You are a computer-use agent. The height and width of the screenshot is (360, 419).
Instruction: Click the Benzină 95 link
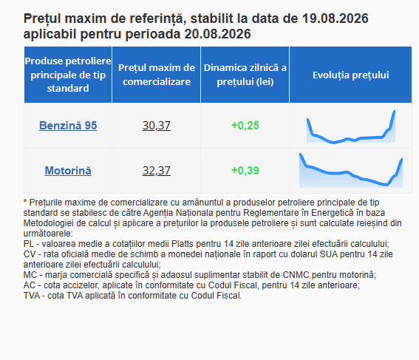pyautogui.click(x=68, y=126)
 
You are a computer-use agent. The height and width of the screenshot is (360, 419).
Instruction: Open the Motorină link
pyautogui.click(x=68, y=171)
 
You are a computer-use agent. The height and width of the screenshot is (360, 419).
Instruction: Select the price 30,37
pyautogui.click(x=157, y=126)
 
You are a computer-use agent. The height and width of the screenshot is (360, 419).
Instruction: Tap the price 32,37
pyautogui.click(x=157, y=171)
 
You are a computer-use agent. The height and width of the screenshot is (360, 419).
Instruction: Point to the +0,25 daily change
pyautogui.click(x=245, y=126)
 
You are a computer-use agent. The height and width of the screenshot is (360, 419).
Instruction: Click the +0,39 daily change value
pyautogui.click(x=245, y=171)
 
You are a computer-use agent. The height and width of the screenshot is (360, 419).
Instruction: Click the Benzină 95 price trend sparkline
pyautogui.click(x=351, y=126)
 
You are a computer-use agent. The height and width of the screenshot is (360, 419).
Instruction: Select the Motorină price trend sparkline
pyautogui.click(x=351, y=170)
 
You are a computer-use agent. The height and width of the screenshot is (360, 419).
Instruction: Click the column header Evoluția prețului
pyautogui.click(x=351, y=75)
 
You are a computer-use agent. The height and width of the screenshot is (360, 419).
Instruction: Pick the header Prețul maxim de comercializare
pyautogui.click(x=157, y=75)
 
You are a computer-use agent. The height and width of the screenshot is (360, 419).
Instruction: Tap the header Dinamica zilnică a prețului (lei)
pyautogui.click(x=245, y=75)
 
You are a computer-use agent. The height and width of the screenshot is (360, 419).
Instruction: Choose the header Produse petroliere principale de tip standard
pyautogui.click(x=68, y=75)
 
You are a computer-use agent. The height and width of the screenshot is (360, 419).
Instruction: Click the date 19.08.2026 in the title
pyautogui.click(x=335, y=18)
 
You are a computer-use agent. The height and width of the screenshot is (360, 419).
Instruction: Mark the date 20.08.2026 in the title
pyautogui.click(x=217, y=34)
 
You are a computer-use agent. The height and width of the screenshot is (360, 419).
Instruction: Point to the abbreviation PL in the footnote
pyautogui.click(x=29, y=244)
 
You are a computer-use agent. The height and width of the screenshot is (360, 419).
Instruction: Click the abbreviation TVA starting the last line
pyautogui.click(x=32, y=296)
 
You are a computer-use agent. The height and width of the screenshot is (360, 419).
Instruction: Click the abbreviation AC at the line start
pyautogui.click(x=30, y=285)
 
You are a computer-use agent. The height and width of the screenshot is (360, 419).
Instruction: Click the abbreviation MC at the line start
pyautogui.click(x=30, y=275)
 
